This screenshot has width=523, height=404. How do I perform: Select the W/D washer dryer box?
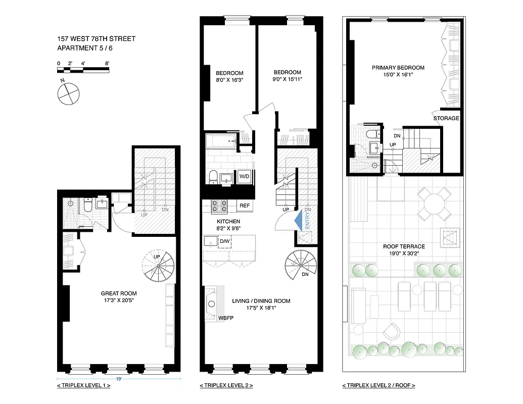coord(244,176)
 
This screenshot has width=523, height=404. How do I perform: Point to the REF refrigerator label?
coord(245,206)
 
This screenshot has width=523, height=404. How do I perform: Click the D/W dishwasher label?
coord(224,241)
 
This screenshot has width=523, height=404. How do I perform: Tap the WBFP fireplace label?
coord(225,319)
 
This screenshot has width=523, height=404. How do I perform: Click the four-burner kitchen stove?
coord(220,206)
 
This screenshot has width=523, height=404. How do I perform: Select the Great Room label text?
coord(119,293)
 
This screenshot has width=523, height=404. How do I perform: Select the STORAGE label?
coord(446,118)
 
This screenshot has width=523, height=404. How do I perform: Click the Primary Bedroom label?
coord(398,68)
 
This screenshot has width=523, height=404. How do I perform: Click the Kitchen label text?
coord(228,222)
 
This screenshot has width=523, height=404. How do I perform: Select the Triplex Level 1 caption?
coord(83,386)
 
